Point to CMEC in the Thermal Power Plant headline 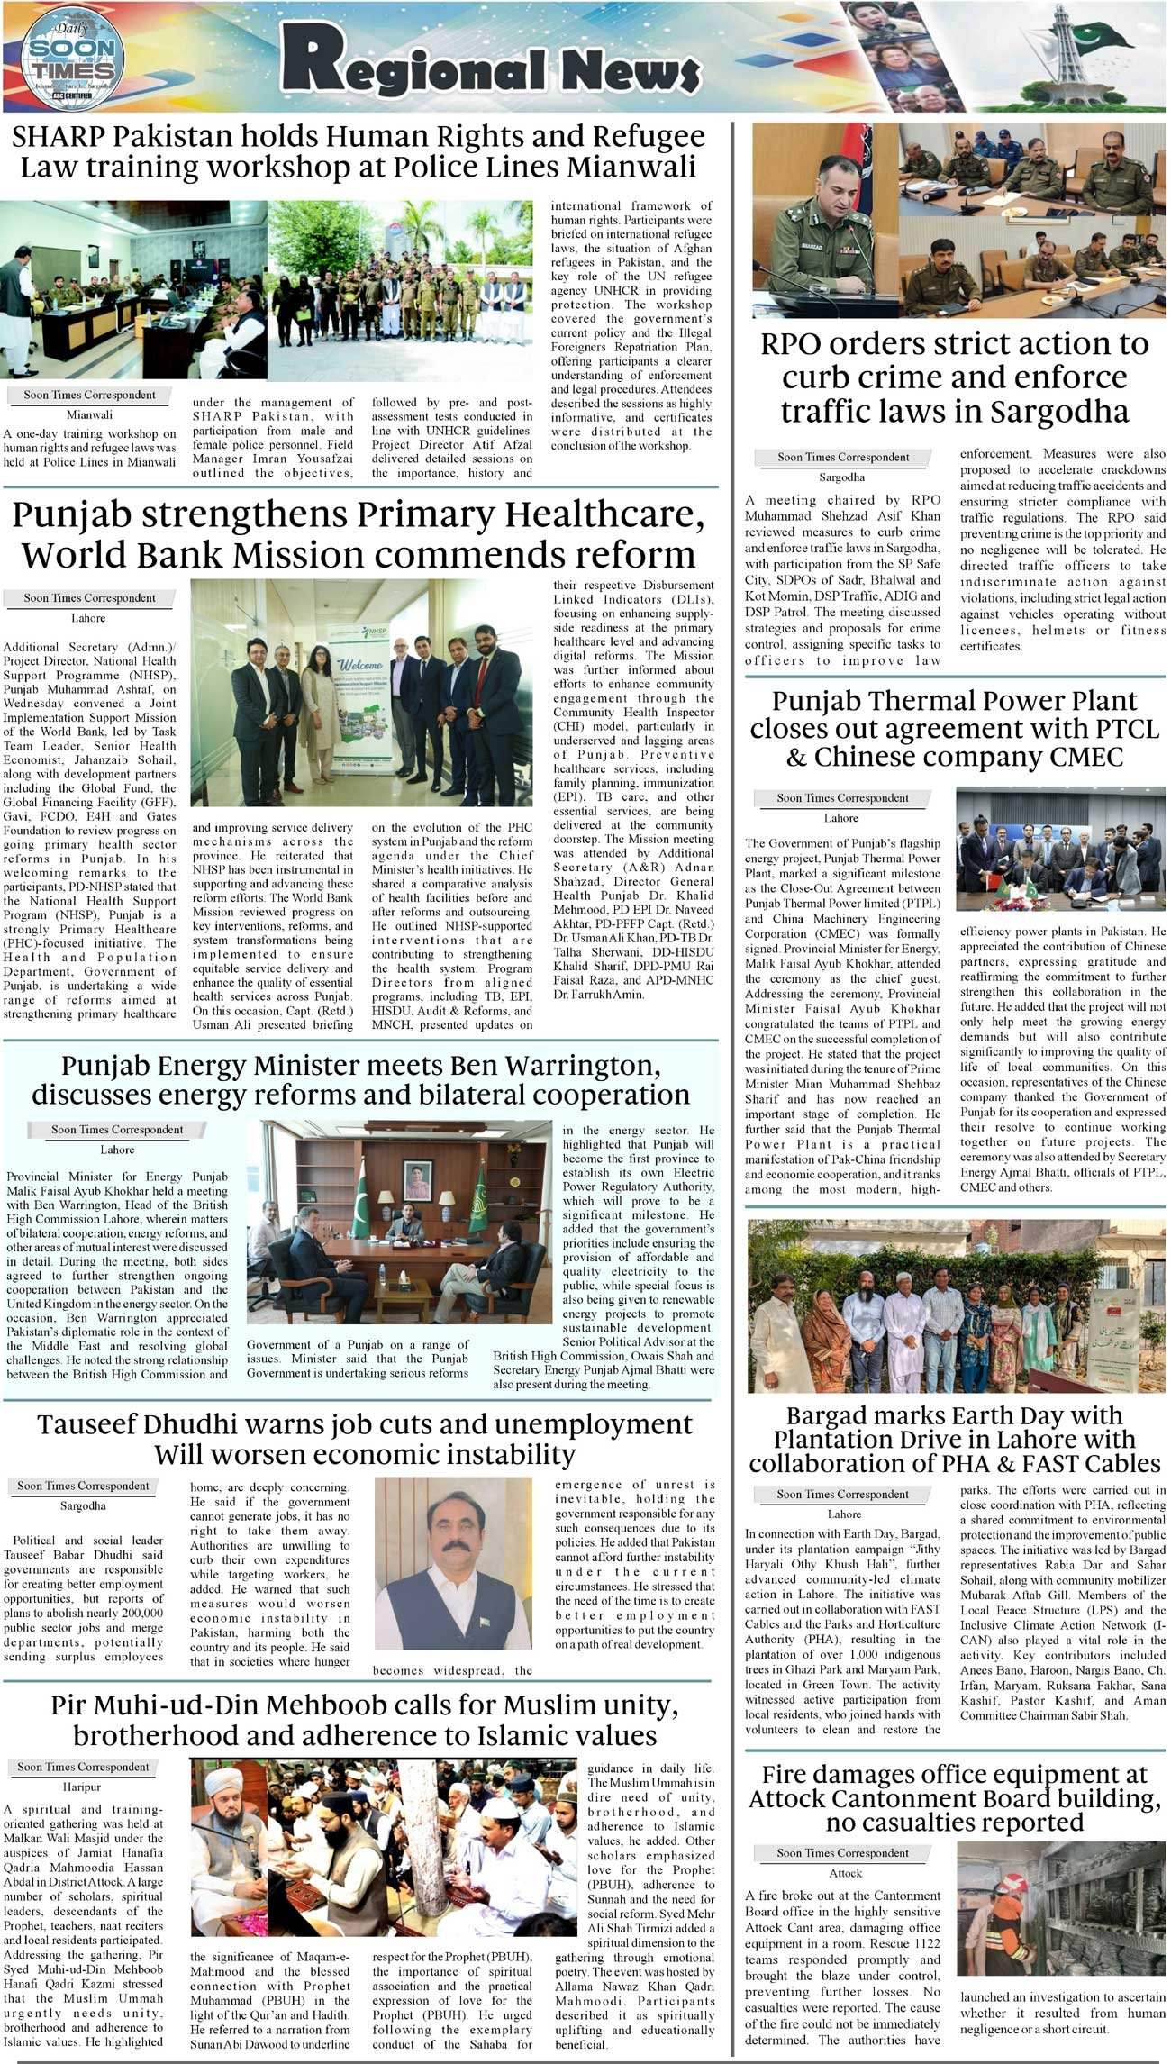pos(1082,757)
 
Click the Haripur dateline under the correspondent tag pos(82,1787)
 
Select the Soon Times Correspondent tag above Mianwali pos(89,395)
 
